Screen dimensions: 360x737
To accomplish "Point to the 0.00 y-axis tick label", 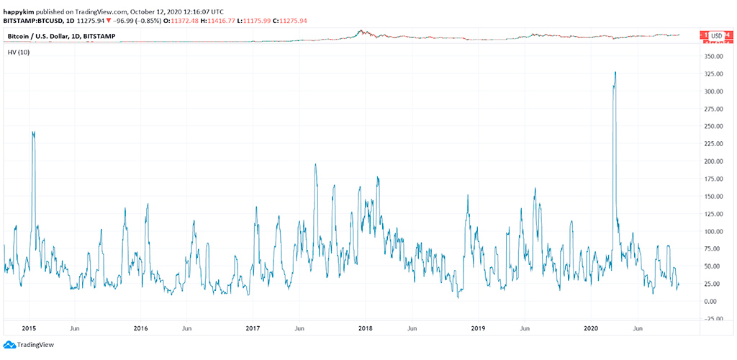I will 713,301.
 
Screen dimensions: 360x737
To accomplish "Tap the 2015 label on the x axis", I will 29,328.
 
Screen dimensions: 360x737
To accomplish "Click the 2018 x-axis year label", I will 365,328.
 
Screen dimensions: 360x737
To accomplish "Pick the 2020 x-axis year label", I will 590,328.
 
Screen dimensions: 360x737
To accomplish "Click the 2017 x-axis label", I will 253,328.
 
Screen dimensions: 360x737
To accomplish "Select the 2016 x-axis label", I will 140,328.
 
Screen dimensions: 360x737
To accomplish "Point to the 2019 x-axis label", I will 477,328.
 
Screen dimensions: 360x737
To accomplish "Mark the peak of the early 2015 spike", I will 33,132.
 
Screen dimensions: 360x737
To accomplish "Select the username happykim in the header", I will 19,12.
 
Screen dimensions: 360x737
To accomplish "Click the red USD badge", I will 715,35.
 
